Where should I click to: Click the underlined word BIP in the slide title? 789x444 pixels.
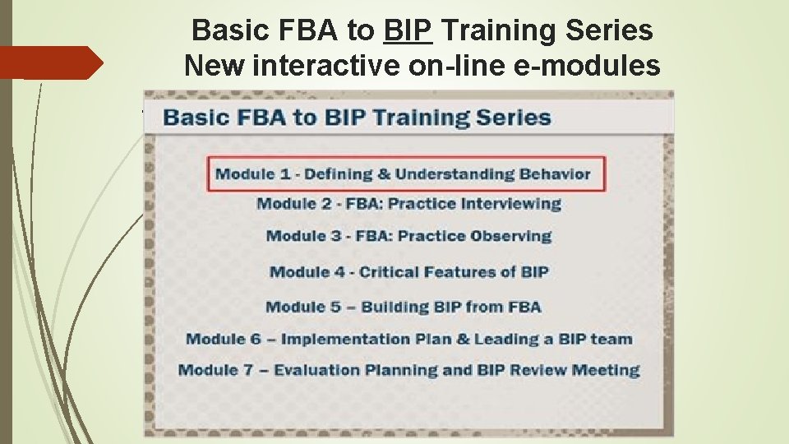[x=408, y=31]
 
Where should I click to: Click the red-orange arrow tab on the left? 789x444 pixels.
[x=51, y=62]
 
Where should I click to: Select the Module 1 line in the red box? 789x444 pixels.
[x=403, y=173]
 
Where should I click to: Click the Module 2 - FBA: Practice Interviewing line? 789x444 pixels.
[x=408, y=204]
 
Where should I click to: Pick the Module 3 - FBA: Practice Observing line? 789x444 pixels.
[x=408, y=236]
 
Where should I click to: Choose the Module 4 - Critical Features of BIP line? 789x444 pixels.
[x=408, y=271]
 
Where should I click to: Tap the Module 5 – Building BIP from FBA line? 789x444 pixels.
[x=403, y=307]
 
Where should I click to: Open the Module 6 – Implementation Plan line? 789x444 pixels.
[x=408, y=339]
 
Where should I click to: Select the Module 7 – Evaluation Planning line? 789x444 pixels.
[x=408, y=370]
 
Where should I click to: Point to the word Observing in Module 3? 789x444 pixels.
[x=510, y=236]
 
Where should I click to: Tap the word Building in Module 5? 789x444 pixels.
[x=395, y=307]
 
